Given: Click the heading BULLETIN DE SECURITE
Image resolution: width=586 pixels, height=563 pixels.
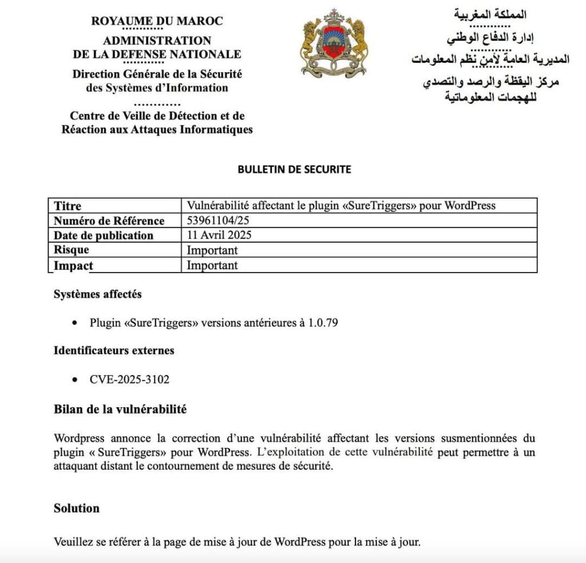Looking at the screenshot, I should [x=294, y=170].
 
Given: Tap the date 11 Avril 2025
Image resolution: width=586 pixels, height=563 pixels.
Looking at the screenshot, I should [x=219, y=235].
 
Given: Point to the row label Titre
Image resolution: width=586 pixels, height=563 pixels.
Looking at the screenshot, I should [x=68, y=206].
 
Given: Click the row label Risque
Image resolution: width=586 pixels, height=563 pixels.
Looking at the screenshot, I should [x=72, y=250].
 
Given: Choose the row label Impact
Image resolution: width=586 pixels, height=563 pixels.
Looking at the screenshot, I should [x=73, y=265].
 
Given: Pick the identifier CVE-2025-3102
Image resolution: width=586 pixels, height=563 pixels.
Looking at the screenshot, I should [x=129, y=379].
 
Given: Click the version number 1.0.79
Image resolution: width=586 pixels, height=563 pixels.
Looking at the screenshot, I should [x=323, y=323].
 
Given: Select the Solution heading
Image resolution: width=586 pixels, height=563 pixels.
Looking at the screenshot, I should [x=77, y=508].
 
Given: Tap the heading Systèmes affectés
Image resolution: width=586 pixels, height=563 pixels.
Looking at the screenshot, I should [x=98, y=294].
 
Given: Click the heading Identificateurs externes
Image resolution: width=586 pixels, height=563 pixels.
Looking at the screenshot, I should [x=114, y=350].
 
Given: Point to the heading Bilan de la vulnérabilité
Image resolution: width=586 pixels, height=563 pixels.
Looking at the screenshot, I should [x=120, y=410].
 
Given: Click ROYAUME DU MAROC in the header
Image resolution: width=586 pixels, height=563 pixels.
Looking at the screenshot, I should [x=157, y=21].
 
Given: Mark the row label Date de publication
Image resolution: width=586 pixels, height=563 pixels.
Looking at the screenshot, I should [x=104, y=235].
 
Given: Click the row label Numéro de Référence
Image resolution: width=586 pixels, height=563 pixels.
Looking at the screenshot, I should [x=109, y=221].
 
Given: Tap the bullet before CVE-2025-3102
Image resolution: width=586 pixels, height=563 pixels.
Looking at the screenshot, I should [x=75, y=380].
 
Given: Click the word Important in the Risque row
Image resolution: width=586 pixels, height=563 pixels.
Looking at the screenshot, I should [x=212, y=250].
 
